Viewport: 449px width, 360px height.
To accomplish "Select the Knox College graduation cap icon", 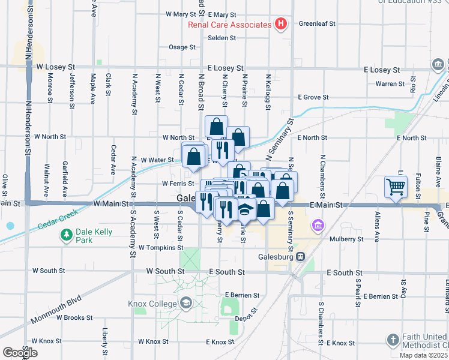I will (186, 304).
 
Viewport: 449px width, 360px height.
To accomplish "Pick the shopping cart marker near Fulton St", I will (396, 187).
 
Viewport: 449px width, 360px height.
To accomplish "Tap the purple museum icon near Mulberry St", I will (318, 226).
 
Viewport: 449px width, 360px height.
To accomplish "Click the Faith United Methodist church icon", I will (394, 339).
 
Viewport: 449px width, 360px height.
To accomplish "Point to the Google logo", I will (20, 353).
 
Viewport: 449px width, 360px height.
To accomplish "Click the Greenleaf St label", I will (317, 24).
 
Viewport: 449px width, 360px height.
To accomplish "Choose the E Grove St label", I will (313, 97).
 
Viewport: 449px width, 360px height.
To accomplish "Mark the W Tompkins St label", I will (160, 247).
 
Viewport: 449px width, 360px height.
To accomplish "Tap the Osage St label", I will (178, 47).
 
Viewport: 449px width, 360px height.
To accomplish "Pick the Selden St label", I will (222, 37).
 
